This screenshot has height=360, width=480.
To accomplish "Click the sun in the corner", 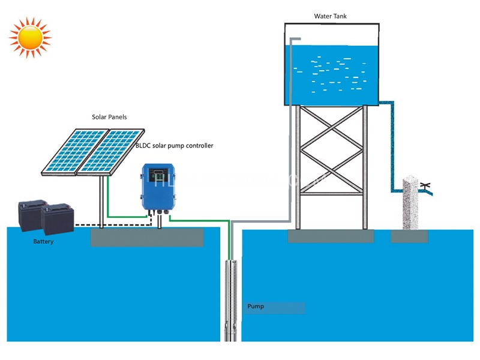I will (x=29, y=37).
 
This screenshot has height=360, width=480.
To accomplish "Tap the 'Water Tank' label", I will (x=330, y=16).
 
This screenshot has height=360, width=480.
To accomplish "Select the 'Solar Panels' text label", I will (x=109, y=118).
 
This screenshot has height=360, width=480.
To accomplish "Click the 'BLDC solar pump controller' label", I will (x=174, y=145).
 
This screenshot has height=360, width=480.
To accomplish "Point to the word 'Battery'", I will (x=43, y=241).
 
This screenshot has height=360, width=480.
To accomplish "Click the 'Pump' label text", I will (x=256, y=307).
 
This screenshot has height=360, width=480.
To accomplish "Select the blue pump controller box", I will (x=160, y=187).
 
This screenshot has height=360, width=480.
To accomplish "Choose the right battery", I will (x=57, y=218).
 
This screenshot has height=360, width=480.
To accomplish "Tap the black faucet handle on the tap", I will (x=427, y=184).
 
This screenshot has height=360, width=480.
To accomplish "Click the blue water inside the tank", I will (x=336, y=72).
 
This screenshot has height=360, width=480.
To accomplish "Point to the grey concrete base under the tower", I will (x=331, y=236).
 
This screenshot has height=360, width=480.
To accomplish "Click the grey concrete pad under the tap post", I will (x=409, y=236).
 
